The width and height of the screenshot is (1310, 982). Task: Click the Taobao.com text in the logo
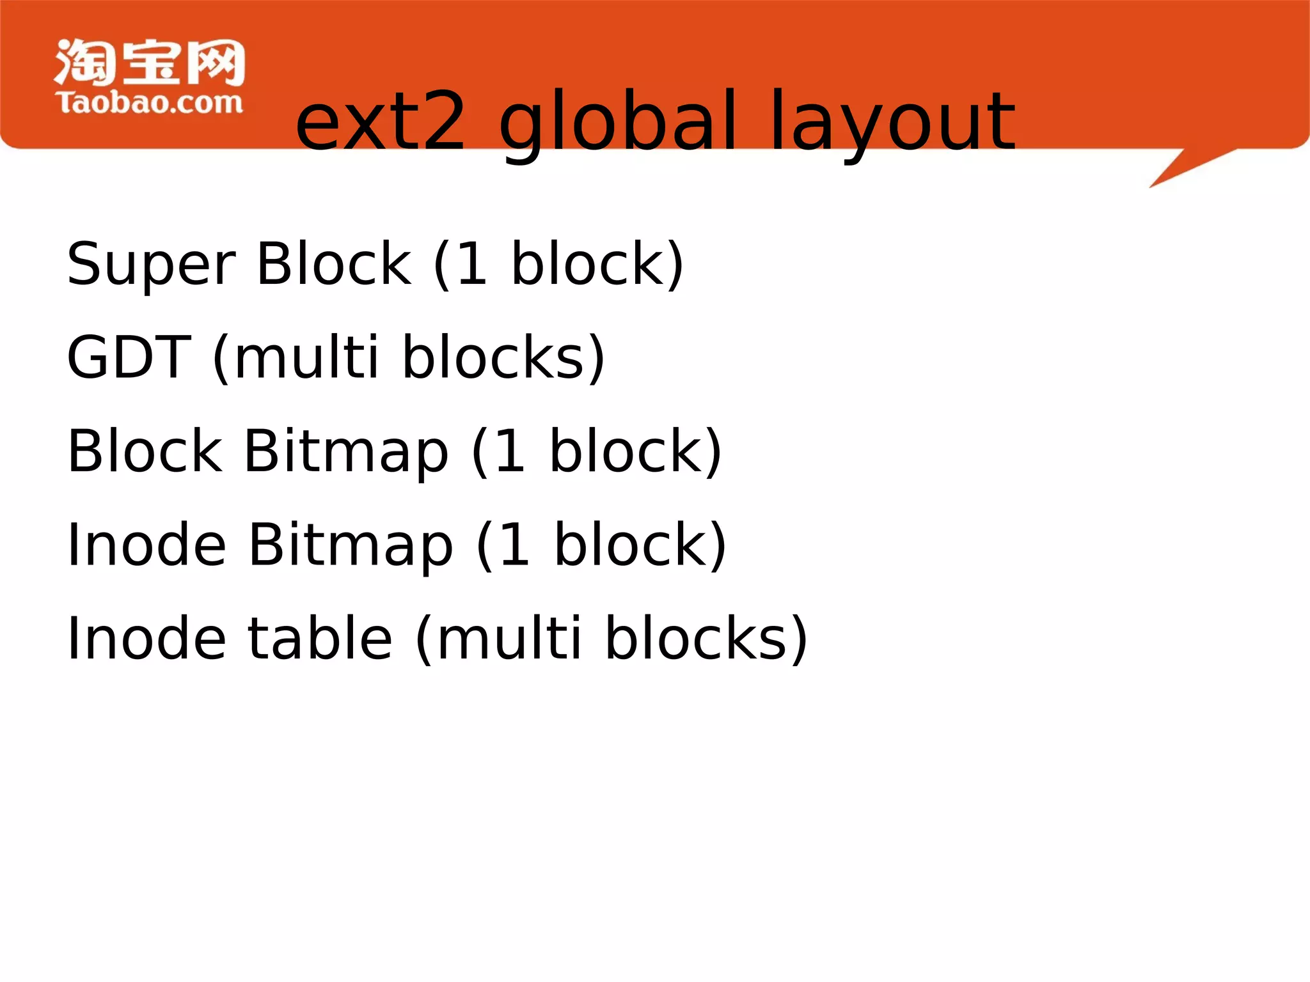tap(150, 103)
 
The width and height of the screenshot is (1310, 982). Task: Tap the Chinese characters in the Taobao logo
tap(150, 62)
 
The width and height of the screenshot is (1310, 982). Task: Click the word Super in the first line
tap(152, 264)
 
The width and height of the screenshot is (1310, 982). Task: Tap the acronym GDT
tap(129, 357)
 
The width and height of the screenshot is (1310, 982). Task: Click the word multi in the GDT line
tap(306, 357)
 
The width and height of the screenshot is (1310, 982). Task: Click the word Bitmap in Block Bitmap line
tap(346, 451)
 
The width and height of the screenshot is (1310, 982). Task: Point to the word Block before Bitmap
tap(145, 451)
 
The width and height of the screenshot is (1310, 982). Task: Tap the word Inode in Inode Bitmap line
tap(146, 545)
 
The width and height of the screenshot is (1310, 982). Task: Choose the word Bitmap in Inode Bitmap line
tap(351, 545)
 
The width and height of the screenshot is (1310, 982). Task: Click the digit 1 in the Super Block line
tap(472, 264)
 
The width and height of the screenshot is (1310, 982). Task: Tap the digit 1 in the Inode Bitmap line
tap(515, 545)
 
